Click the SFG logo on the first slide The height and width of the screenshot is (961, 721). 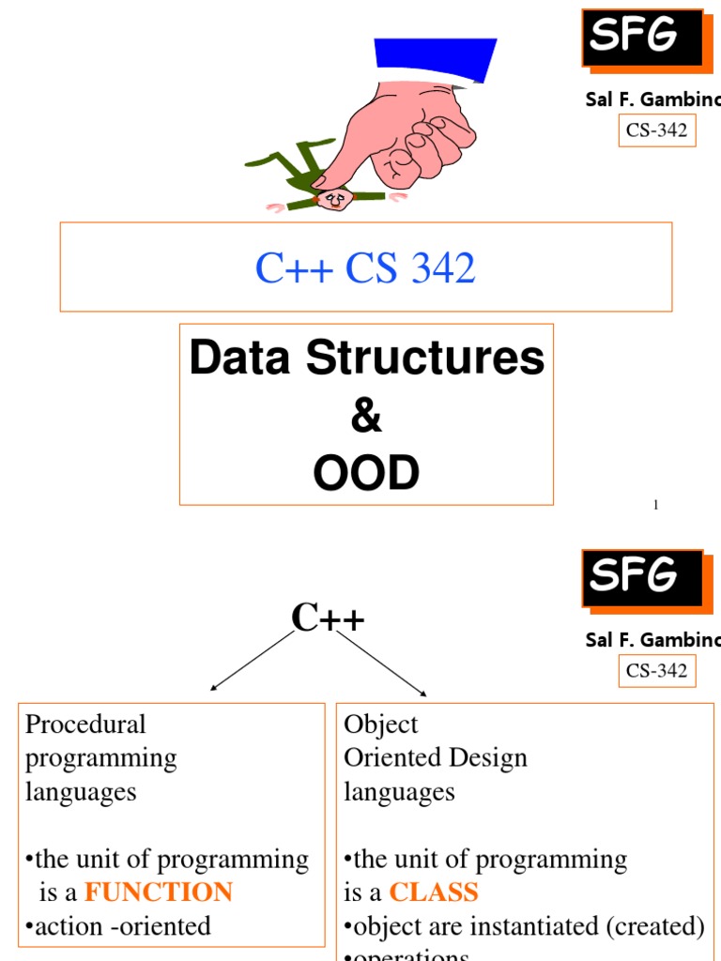point(642,38)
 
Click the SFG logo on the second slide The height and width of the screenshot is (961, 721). point(642,577)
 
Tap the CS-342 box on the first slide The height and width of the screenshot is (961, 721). point(657,130)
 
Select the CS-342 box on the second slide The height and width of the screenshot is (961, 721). point(657,670)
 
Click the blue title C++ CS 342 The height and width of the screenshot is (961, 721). point(365,268)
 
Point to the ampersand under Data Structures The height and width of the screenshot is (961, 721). point(366,417)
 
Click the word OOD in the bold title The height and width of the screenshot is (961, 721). point(366,474)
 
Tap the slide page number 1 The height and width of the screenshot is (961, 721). point(656,505)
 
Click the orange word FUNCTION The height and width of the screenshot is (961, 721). point(159,892)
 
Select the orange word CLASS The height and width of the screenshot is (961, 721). point(434,892)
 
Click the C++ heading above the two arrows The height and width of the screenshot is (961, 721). point(328,618)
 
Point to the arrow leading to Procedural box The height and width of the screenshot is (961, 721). point(253,661)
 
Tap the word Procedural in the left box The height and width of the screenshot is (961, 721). point(85,725)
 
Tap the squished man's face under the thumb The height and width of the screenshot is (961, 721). point(333,199)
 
